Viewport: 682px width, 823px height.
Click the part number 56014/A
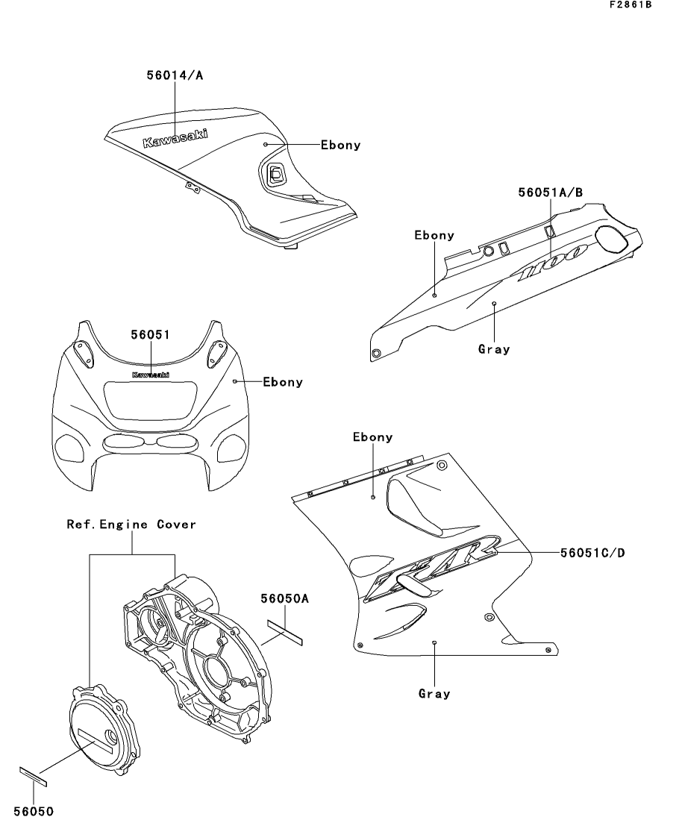(x=174, y=75)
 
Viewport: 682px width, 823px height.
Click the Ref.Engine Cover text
(x=132, y=525)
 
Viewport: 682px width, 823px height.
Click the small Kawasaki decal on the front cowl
(x=150, y=375)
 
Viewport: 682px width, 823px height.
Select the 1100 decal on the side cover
(x=553, y=265)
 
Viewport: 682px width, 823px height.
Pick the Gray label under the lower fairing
(x=434, y=694)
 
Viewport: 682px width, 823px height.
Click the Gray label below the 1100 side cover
(x=494, y=348)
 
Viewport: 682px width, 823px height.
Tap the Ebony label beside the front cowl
(x=283, y=382)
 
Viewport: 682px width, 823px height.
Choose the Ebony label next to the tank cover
(x=340, y=145)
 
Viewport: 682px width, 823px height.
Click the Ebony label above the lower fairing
(x=372, y=437)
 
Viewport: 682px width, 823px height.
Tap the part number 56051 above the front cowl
(x=150, y=335)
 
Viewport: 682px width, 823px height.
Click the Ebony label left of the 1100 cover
(x=434, y=235)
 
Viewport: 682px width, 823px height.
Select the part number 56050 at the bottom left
(x=34, y=810)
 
